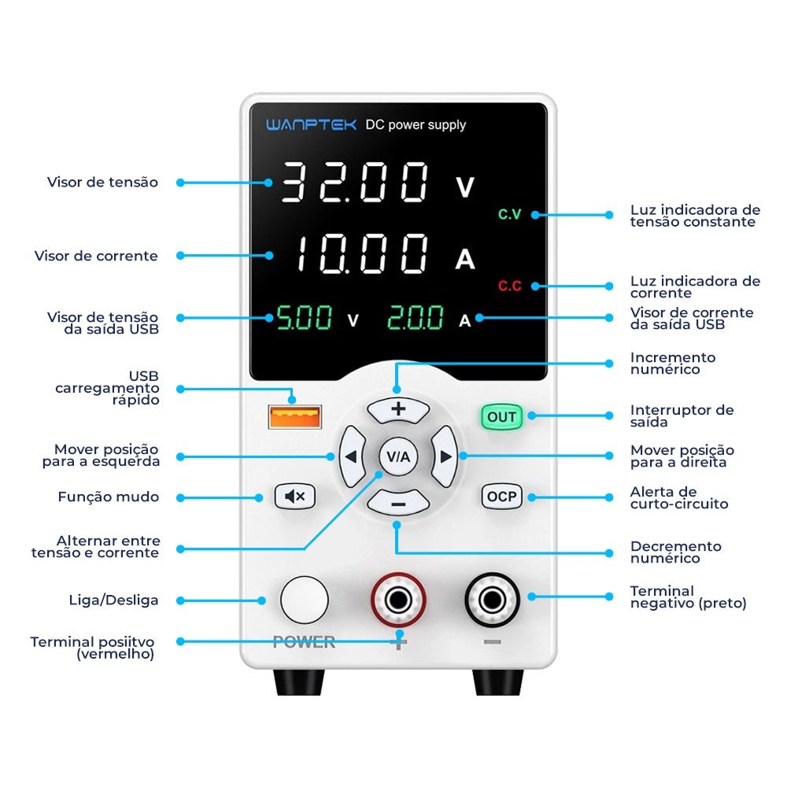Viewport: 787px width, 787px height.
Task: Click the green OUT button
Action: pyautogui.click(x=501, y=416)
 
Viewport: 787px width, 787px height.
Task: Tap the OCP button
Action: pyautogui.click(x=501, y=497)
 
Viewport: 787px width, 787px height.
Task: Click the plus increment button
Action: pyautogui.click(x=398, y=410)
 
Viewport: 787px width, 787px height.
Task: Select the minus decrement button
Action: pyautogui.click(x=398, y=503)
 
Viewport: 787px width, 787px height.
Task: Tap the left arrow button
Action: pyautogui.click(x=353, y=456)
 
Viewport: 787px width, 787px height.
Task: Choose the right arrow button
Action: pyautogui.click(x=445, y=456)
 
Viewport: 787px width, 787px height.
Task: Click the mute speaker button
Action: pyautogui.click(x=295, y=497)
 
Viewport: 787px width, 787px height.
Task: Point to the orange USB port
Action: pyautogui.click(x=294, y=416)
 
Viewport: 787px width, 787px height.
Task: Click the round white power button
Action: pyautogui.click(x=304, y=600)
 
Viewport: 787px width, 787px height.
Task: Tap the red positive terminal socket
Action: pyautogui.click(x=398, y=600)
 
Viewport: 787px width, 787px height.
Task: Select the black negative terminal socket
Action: pyautogui.click(x=492, y=600)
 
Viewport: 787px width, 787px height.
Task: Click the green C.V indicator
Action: pyautogui.click(x=509, y=214)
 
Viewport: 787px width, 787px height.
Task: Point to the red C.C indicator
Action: pyautogui.click(x=509, y=286)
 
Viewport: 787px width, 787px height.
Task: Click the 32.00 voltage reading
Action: pyautogui.click(x=355, y=183)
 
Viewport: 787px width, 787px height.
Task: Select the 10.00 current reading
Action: pyautogui.click(x=361, y=254)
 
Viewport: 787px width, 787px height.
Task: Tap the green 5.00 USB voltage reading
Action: pyautogui.click(x=305, y=317)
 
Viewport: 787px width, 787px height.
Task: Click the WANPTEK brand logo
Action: pyautogui.click(x=311, y=124)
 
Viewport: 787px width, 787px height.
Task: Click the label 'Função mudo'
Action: pyautogui.click(x=109, y=497)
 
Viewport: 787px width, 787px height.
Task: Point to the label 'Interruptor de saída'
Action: pyautogui.click(x=682, y=416)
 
